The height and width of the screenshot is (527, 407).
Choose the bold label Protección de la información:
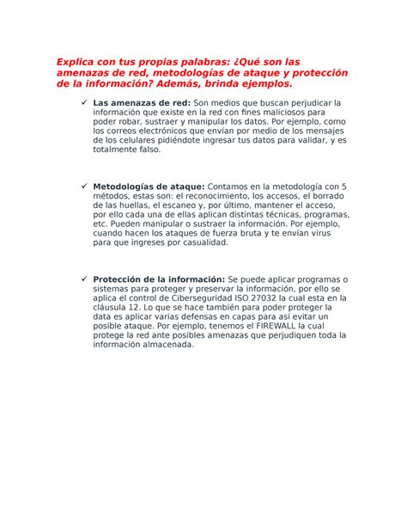[159, 279]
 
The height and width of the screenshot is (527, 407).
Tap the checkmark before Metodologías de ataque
[83, 186]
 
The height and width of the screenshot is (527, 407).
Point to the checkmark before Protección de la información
[83, 279]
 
